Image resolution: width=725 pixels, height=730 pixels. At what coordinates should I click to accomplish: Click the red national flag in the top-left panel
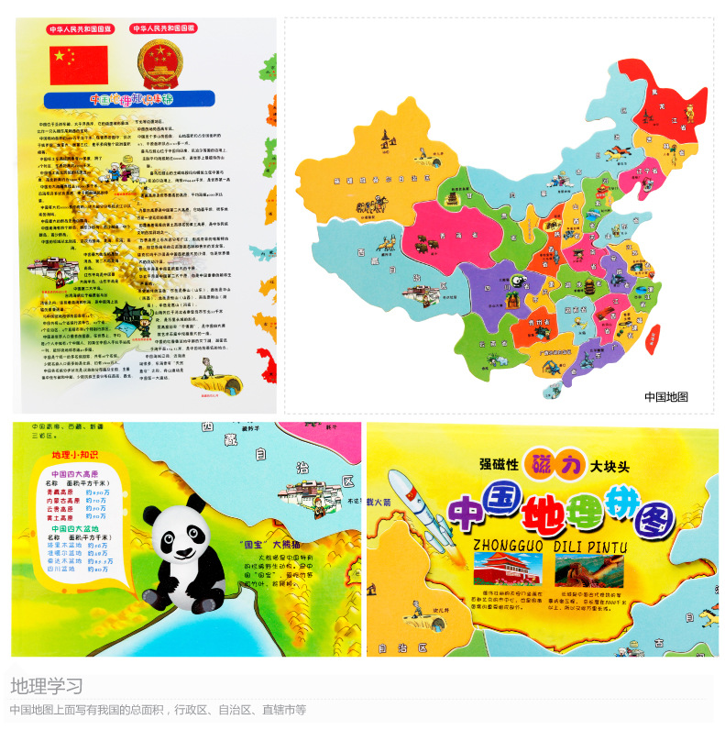coord(78,61)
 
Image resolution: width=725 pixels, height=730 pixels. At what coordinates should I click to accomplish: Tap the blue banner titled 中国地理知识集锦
coord(129,99)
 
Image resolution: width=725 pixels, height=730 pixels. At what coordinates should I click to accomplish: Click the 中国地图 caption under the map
coord(665,397)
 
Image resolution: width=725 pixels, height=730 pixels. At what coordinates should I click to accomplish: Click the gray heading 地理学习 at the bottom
coord(47,686)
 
